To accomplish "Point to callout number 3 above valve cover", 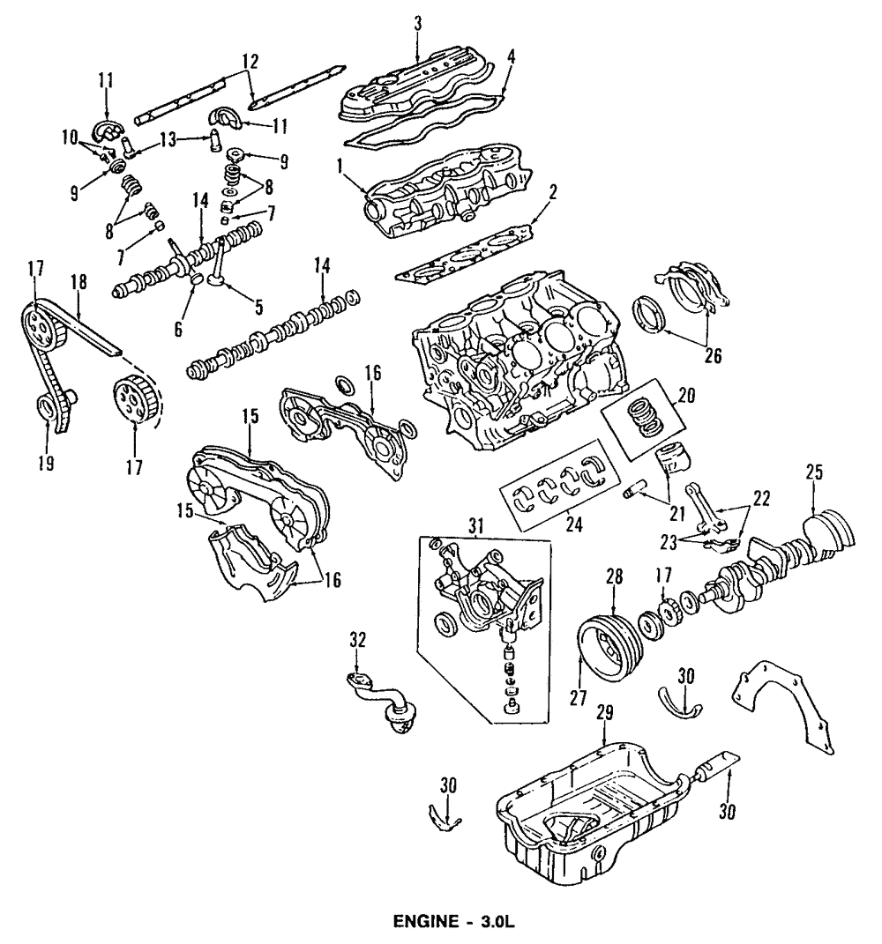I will coord(417,23).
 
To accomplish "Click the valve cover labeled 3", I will coord(415,88).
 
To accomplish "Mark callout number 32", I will coord(356,639).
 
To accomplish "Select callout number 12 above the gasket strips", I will coord(250,62).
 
